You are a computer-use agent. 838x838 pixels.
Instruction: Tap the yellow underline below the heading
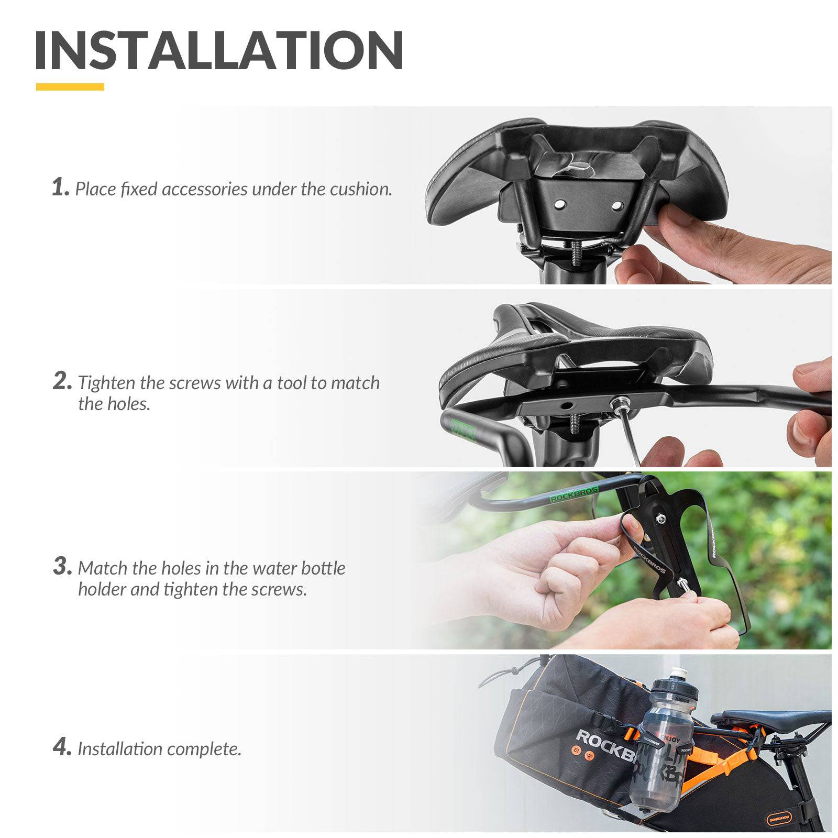tap(70, 87)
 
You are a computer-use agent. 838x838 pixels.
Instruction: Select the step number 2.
tap(61, 381)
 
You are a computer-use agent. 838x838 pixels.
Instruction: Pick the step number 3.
tap(61, 566)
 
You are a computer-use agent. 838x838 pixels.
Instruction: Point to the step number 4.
tap(61, 747)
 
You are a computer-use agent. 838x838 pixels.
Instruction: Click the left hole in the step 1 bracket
tap(560, 203)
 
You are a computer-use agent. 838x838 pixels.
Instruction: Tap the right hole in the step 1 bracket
tap(616, 205)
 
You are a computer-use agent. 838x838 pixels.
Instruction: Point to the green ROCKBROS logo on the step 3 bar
tap(574, 494)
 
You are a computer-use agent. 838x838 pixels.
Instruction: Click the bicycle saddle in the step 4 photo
tap(775, 720)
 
